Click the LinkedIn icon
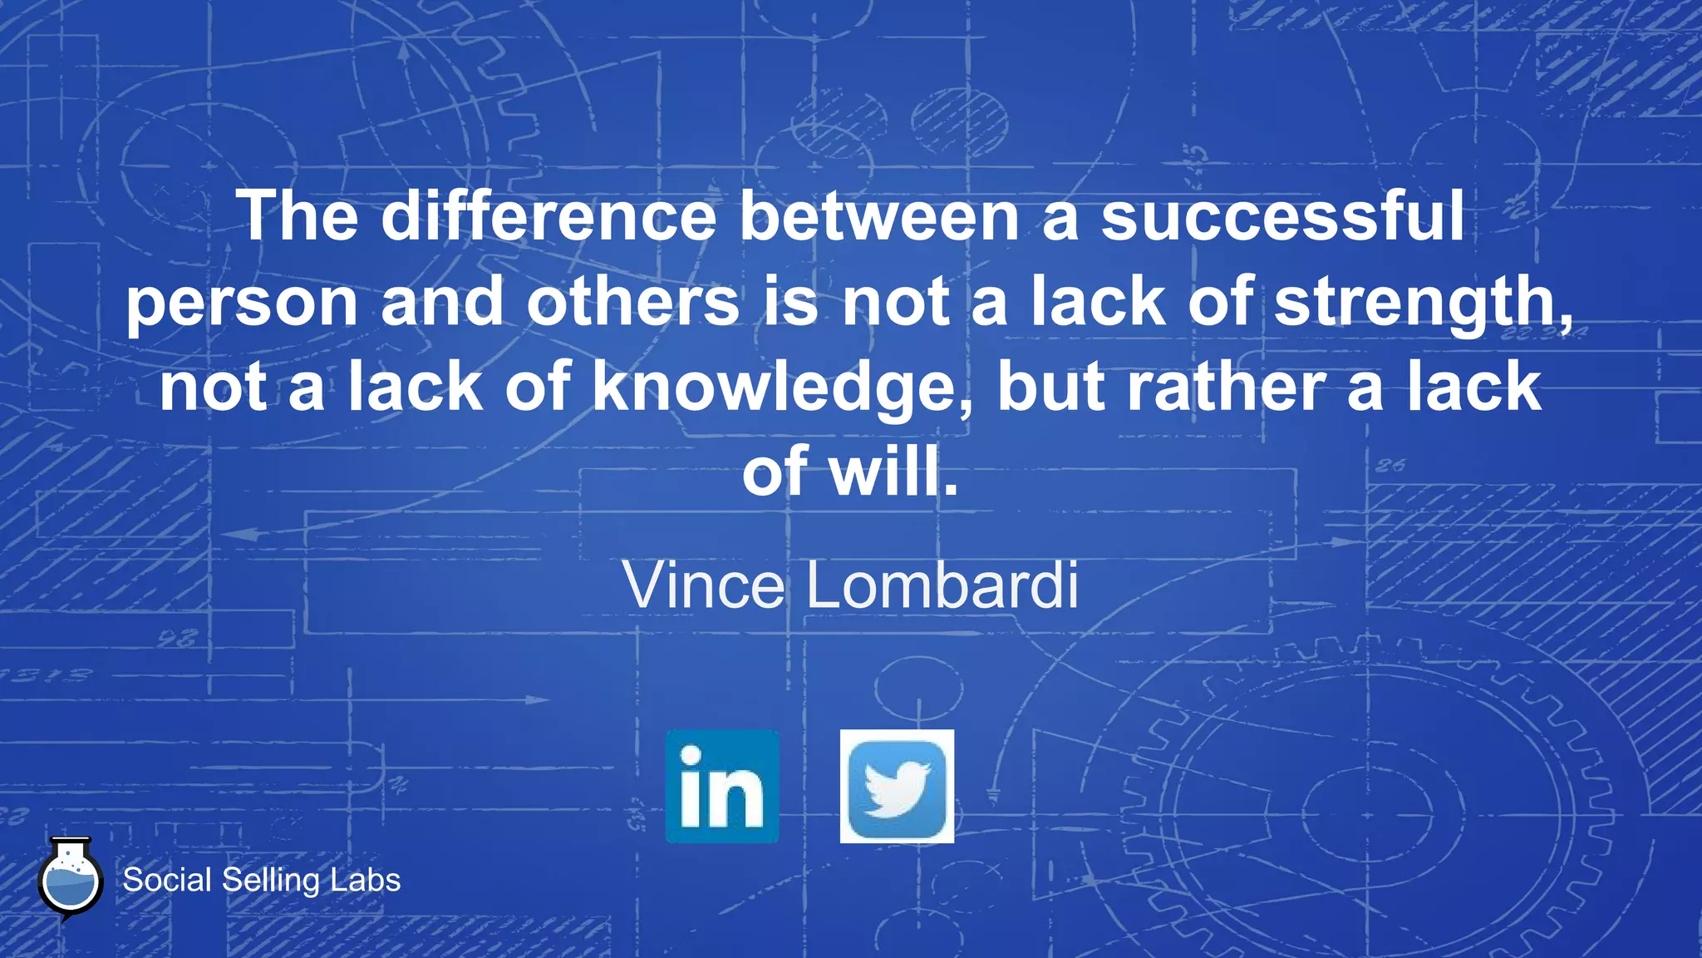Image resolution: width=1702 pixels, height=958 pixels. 722,787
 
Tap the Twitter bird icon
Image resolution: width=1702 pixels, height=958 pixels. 897,787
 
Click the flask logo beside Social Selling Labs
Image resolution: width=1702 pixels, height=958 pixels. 71,880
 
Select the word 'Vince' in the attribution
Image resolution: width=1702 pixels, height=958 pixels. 704,585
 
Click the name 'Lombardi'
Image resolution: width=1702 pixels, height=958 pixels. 942,585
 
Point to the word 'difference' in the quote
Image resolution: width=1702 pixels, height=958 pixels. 548,216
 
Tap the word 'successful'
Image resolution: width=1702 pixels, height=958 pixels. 1282,216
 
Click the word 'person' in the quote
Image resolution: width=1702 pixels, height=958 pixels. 242,303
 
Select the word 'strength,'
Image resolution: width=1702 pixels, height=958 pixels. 1424,303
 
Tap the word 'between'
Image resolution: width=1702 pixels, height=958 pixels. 879,216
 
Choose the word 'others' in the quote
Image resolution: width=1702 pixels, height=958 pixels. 632,303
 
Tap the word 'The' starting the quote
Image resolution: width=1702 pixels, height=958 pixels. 298,216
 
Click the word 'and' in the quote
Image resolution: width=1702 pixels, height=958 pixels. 442,303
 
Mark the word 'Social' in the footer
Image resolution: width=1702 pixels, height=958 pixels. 167,880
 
